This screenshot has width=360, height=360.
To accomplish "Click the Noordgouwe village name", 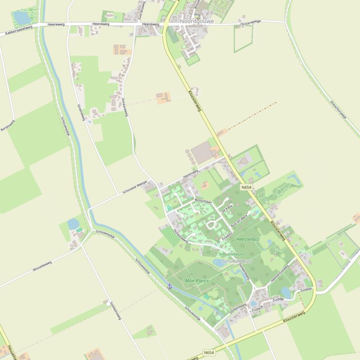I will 197,21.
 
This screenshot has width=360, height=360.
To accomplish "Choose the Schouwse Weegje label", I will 135,187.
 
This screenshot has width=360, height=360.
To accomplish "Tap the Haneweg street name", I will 191,173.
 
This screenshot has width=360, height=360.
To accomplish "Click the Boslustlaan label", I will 203,201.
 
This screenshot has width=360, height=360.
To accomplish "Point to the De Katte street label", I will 227,208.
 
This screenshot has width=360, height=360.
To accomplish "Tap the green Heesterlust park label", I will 248,239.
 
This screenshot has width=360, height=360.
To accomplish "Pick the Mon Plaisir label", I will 197,281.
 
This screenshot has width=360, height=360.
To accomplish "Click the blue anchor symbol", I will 169,285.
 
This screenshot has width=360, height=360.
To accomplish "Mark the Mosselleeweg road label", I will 42,266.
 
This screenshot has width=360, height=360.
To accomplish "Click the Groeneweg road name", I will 81,112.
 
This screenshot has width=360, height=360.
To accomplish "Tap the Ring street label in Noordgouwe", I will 197,15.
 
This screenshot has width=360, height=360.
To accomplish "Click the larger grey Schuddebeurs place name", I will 237,261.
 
